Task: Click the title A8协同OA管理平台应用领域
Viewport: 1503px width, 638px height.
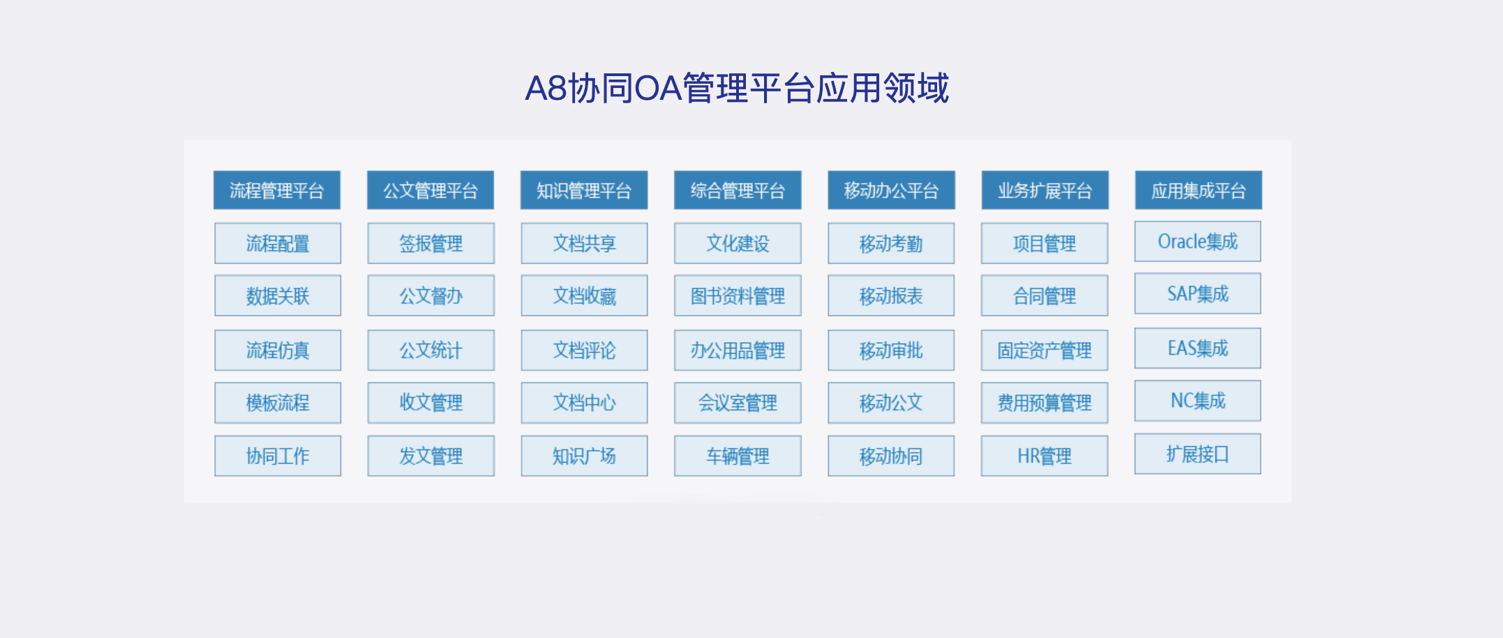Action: pyautogui.click(x=737, y=88)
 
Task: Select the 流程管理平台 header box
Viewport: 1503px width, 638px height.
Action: pyautogui.click(x=277, y=190)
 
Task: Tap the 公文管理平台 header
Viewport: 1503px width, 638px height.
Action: pyautogui.click(x=431, y=190)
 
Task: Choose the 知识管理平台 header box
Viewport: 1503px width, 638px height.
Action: pyautogui.click(x=584, y=190)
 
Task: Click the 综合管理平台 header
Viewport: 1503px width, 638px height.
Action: pyautogui.click(x=738, y=190)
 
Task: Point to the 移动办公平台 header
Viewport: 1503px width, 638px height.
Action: pyautogui.click(x=891, y=190)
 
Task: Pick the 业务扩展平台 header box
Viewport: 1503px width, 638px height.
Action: pyautogui.click(x=1045, y=190)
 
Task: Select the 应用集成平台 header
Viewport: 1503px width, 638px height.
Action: pyautogui.click(x=1198, y=190)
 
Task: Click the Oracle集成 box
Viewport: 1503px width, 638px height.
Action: pyautogui.click(x=1198, y=242)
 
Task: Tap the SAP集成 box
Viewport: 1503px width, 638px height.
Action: pyautogui.click(x=1198, y=294)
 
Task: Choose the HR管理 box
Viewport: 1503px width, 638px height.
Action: pyautogui.click(x=1045, y=456)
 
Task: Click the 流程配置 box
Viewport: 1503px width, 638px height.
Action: pyautogui.click(x=278, y=243)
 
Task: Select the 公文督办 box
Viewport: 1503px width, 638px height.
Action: pyautogui.click(x=431, y=295)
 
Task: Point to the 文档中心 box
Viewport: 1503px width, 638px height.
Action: pyautogui.click(x=584, y=403)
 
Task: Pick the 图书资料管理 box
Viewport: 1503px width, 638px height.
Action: pyautogui.click(x=738, y=295)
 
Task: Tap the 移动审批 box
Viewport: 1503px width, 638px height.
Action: pyautogui.click(x=891, y=350)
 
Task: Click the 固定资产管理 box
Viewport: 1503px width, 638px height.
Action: pyautogui.click(x=1045, y=350)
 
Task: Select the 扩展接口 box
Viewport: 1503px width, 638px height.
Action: pyautogui.click(x=1198, y=454)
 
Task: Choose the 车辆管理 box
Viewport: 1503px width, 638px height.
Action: pyautogui.click(x=738, y=456)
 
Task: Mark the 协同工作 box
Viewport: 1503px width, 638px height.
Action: pyautogui.click(x=278, y=456)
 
